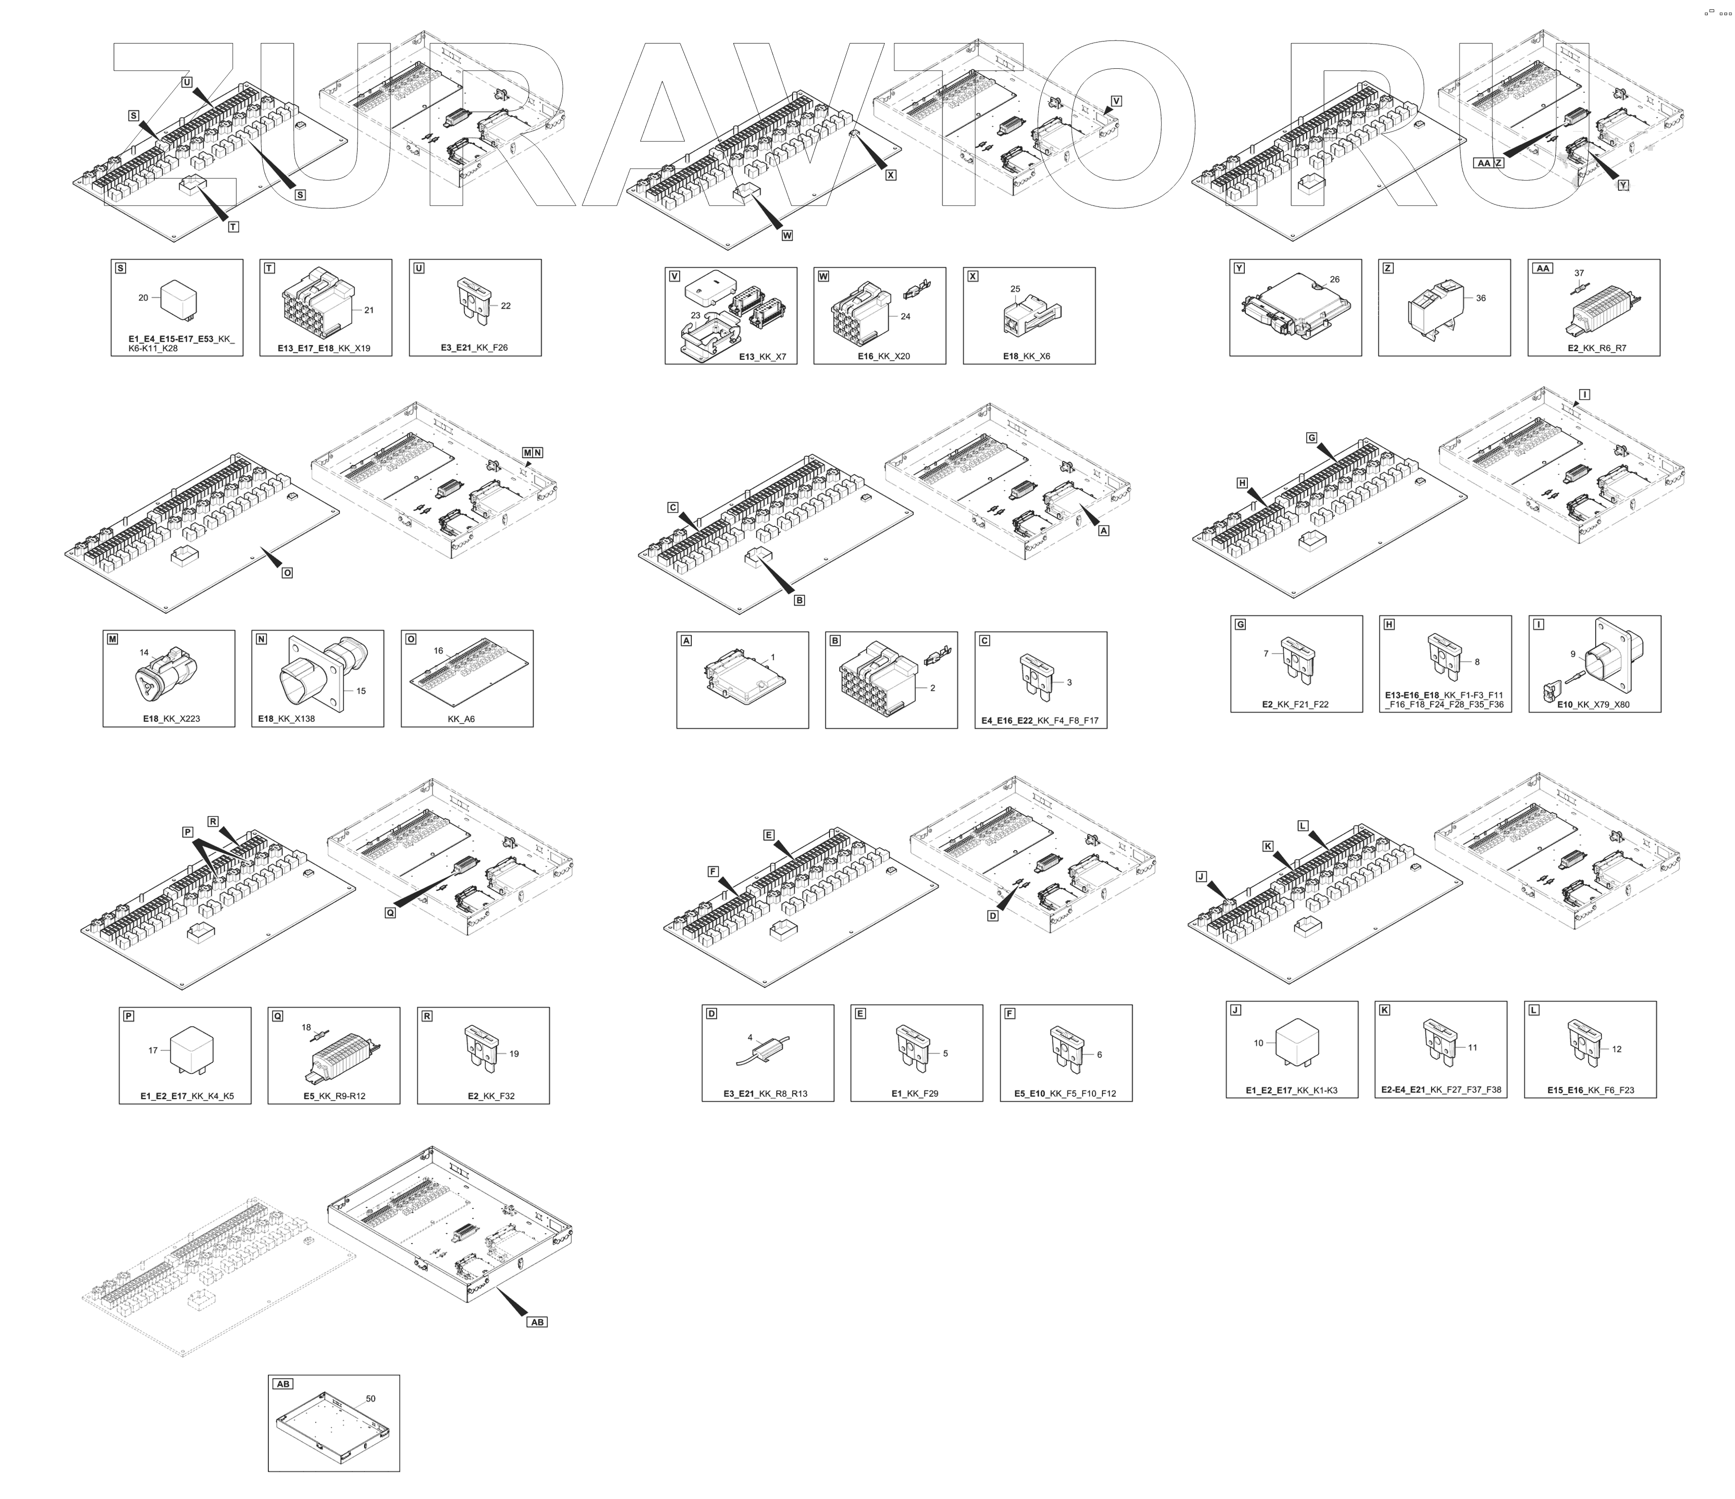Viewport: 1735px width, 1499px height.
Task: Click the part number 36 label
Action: click(1480, 298)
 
